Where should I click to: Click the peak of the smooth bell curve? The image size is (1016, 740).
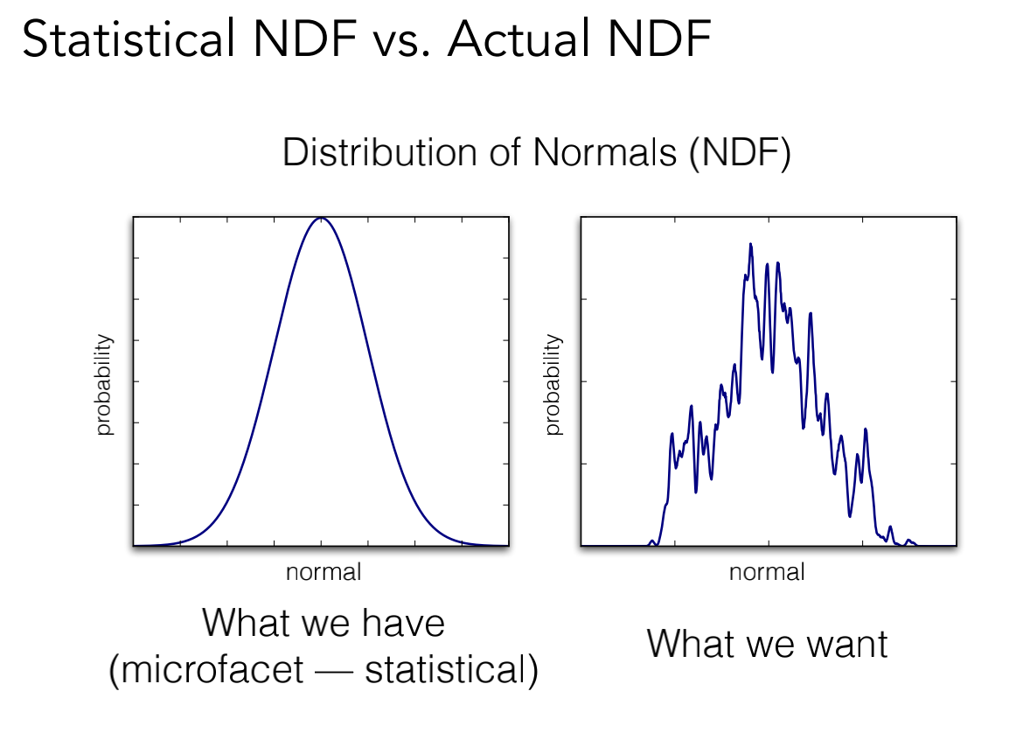point(321,219)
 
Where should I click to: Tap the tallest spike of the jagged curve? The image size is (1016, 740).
point(750,245)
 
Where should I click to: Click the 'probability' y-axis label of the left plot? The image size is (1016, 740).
point(104,385)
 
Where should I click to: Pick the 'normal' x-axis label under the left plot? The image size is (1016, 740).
point(323,573)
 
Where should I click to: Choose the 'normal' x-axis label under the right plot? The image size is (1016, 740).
point(767,573)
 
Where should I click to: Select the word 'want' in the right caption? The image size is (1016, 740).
point(846,644)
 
